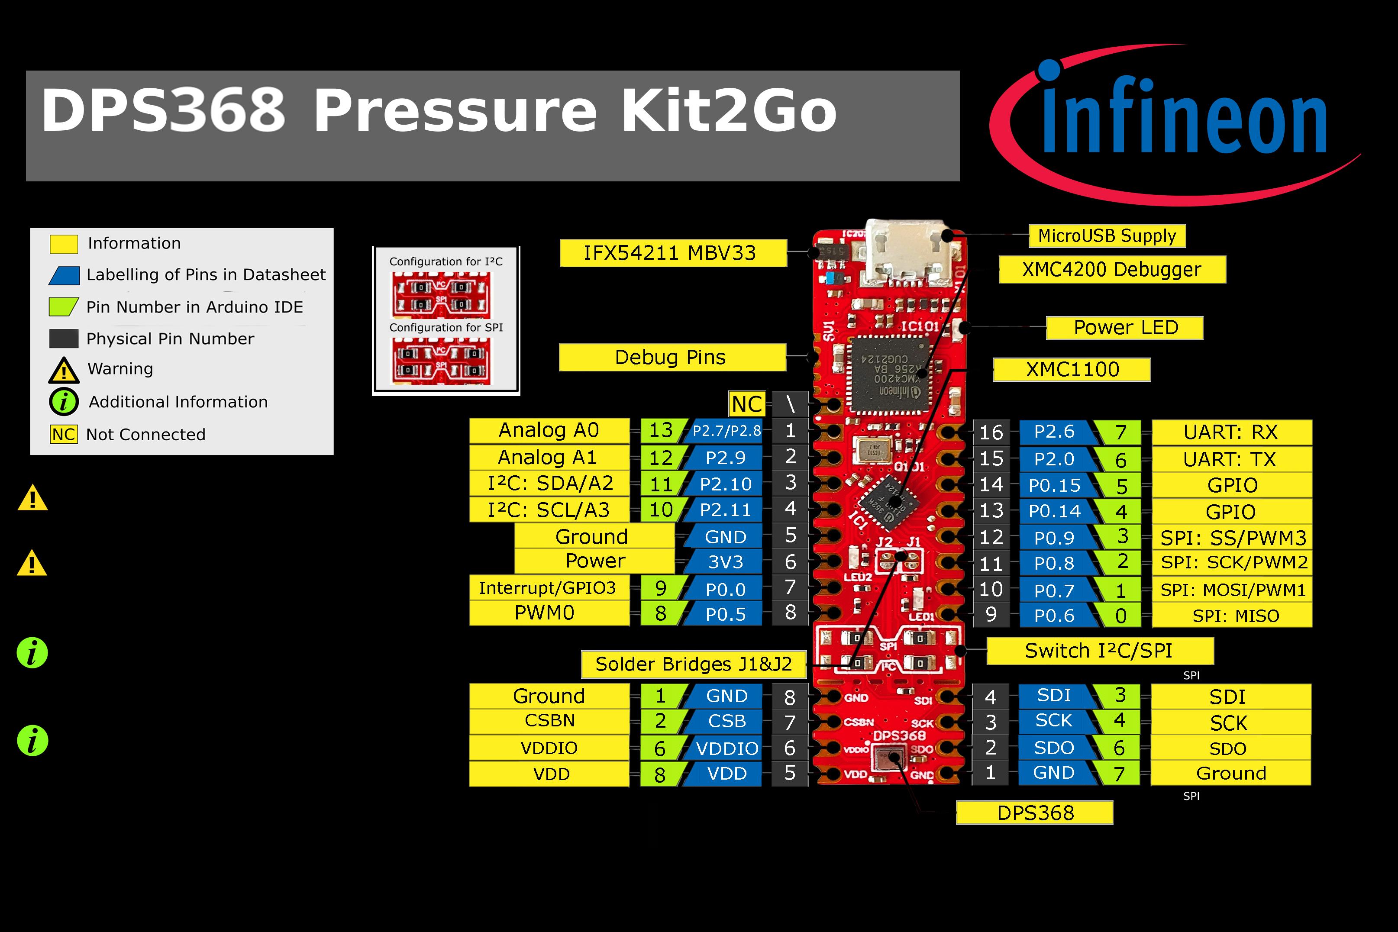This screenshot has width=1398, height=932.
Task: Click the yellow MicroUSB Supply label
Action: pos(1107,236)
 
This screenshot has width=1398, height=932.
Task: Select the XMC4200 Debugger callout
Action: pos(1111,270)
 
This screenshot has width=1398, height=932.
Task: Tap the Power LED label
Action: pos(1124,328)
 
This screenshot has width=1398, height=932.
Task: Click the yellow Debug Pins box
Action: pos(672,357)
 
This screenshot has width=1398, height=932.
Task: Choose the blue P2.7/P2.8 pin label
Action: pos(726,431)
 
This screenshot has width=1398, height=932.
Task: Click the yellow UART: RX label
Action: pos(1231,432)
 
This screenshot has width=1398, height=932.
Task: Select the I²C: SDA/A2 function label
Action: pos(549,483)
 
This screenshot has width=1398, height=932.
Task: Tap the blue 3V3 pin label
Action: pos(726,562)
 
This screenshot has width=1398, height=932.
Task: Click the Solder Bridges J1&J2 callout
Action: pos(693,664)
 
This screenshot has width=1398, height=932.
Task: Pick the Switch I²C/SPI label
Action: pos(1098,651)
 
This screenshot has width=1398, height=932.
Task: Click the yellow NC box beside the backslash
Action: pos(746,404)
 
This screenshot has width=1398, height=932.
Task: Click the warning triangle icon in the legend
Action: pos(64,370)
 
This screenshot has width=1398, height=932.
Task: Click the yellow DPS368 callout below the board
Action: pos(1034,813)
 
